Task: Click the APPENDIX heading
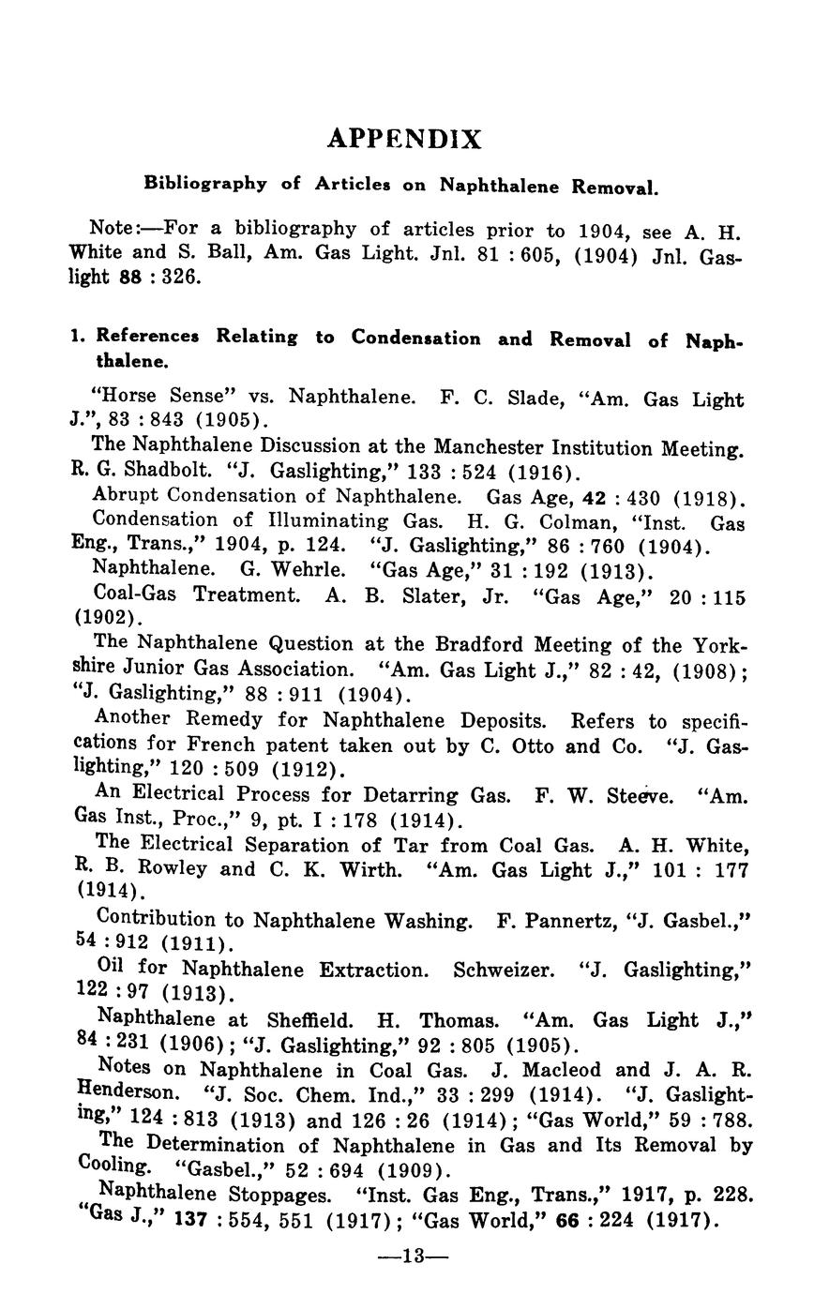click(x=405, y=140)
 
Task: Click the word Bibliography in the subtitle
click(x=204, y=184)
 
